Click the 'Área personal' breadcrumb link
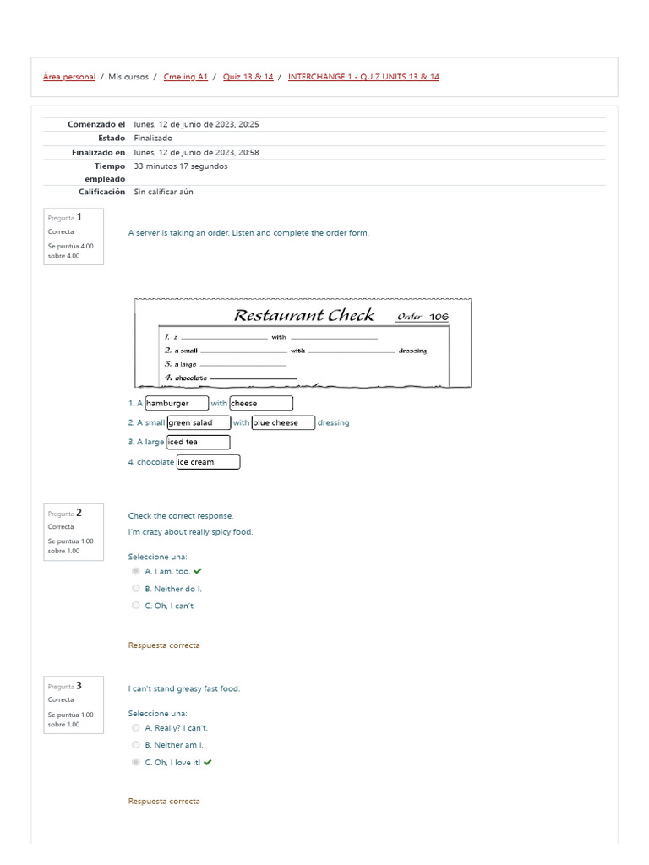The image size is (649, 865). tap(69, 77)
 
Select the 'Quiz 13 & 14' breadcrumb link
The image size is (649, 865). tap(248, 77)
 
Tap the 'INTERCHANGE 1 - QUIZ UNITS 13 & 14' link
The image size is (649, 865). tap(363, 77)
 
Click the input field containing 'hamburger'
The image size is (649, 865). tap(177, 404)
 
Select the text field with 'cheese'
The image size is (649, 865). tap(261, 404)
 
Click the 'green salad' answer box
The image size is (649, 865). tap(199, 422)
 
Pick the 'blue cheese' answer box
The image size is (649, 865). tap(283, 422)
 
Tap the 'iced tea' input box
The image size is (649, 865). tap(199, 442)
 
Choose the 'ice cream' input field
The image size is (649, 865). tap(208, 462)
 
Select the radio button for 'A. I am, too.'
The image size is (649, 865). tap(136, 571)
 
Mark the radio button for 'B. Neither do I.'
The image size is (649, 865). tap(136, 589)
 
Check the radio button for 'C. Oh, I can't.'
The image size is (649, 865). tap(136, 606)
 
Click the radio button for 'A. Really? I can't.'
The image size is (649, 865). tap(136, 727)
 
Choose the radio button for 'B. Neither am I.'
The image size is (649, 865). tap(136, 745)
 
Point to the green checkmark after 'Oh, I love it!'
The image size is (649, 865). tap(208, 762)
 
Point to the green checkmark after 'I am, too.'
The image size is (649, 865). tap(198, 571)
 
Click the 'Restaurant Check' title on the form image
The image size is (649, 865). tap(303, 316)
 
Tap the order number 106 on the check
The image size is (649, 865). tap(439, 317)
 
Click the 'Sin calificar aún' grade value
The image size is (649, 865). tap(163, 192)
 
